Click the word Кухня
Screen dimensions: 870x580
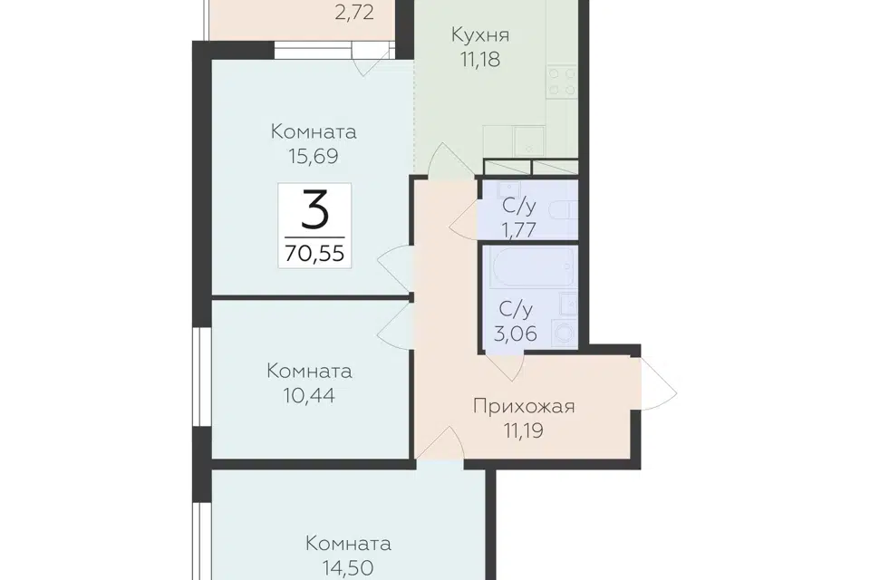(480, 35)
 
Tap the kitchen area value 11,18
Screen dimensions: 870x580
(480, 59)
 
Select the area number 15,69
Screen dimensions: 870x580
(313, 156)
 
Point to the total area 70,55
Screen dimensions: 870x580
(314, 253)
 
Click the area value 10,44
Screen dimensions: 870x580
(308, 396)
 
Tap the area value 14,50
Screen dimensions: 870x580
(348, 568)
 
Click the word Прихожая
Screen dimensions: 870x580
(524, 406)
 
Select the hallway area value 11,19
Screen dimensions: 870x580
(524, 430)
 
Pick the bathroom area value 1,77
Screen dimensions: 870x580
(518, 229)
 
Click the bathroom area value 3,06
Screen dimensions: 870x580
(516, 333)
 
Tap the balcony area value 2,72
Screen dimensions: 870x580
(354, 12)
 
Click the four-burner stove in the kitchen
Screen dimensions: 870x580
(562, 82)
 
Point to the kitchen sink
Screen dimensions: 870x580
(528, 140)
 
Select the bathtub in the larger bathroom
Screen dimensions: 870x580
(530, 267)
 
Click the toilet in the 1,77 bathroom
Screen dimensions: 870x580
(563, 210)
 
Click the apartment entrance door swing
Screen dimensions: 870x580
(659, 384)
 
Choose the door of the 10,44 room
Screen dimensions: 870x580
(395, 326)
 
